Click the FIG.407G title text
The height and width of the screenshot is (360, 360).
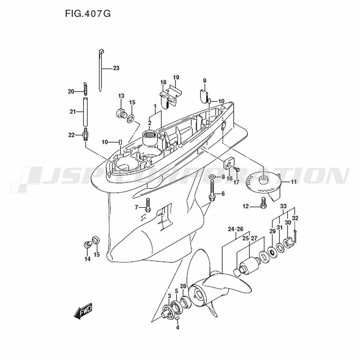(x=88, y=14)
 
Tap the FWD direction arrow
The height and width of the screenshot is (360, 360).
(x=83, y=310)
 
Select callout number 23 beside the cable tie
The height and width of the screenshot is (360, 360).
(x=116, y=68)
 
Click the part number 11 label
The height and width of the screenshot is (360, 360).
(x=294, y=182)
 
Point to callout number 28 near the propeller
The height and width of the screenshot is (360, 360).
(x=183, y=286)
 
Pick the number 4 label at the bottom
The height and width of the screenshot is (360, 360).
(x=177, y=328)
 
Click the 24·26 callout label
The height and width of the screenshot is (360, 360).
(x=235, y=229)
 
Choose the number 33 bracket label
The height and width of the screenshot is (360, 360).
(x=283, y=206)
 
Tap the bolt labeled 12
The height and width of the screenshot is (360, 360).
(x=263, y=203)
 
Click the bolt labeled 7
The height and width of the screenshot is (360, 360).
(x=148, y=205)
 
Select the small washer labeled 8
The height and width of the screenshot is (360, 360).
(x=212, y=177)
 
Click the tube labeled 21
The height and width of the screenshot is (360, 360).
(x=85, y=112)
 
